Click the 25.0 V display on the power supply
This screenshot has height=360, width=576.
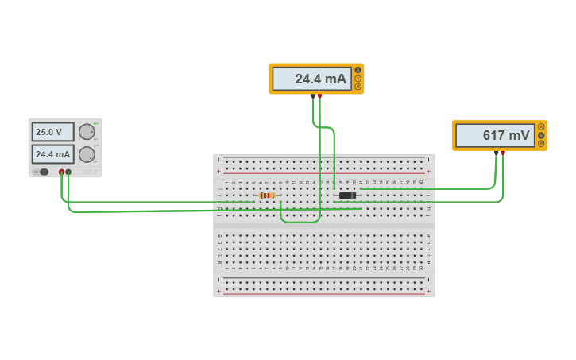pyautogui.click(x=52, y=132)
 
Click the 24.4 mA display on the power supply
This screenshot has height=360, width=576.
pyautogui.click(x=52, y=154)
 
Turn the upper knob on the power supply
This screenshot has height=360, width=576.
pyautogui.click(x=86, y=132)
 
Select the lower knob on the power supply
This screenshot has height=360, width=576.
pyautogui.click(x=86, y=154)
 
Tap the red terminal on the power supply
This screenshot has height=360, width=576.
pyautogui.click(x=61, y=172)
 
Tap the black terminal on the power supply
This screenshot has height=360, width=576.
pyautogui.click(x=68, y=172)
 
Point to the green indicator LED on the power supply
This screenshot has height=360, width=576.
pyautogui.click(x=95, y=123)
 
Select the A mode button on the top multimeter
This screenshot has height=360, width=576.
pyautogui.click(x=358, y=70)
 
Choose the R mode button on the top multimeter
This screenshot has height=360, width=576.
pyautogui.click(x=358, y=87)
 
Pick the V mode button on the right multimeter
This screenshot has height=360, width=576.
pyautogui.click(x=541, y=136)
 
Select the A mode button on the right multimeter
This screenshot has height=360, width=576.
pyautogui.click(x=541, y=127)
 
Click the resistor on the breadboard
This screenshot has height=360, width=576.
pyautogui.click(x=267, y=195)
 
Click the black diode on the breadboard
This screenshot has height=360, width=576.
pyautogui.click(x=347, y=195)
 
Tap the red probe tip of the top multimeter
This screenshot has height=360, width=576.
pyautogui.click(x=319, y=96)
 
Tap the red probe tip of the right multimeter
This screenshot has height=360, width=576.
pyautogui.click(x=502, y=153)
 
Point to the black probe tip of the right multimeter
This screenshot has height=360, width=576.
pyautogui.click(x=496, y=153)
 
